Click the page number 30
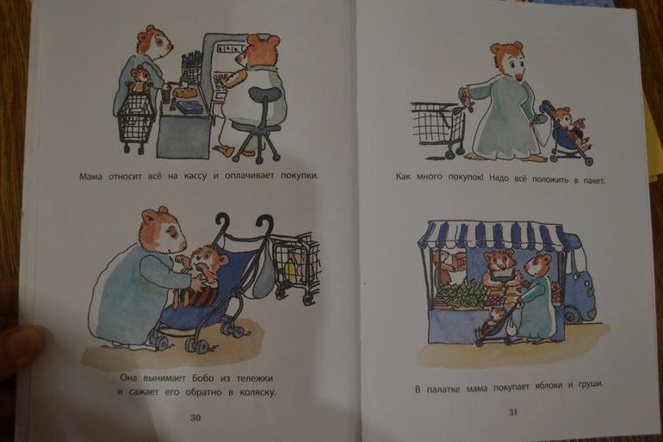click(x=195, y=418)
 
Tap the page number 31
click(x=513, y=412)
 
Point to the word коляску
click(x=257, y=392)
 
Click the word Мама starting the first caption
click(x=90, y=177)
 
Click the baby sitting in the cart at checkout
click(x=139, y=80)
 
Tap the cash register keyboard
click(x=223, y=84)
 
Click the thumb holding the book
click(x=18, y=344)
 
